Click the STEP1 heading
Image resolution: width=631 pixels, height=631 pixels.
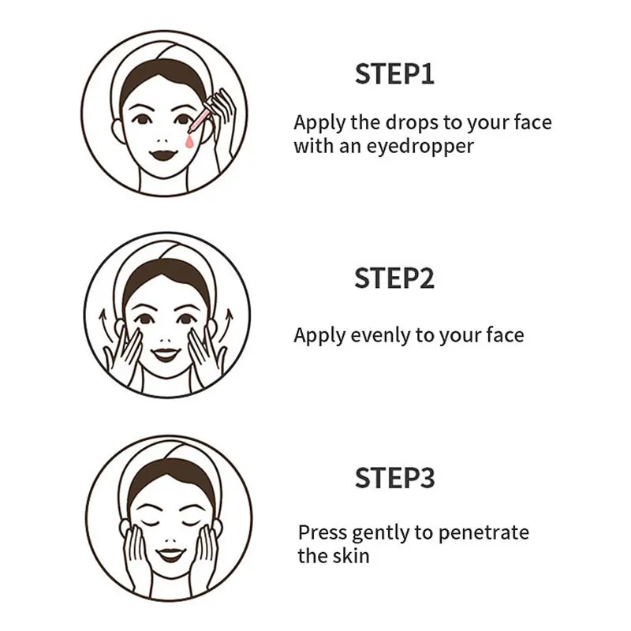pyautogui.click(x=394, y=74)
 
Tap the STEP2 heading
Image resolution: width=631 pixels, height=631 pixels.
pyautogui.click(x=394, y=278)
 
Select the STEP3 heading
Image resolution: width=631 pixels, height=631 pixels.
pyautogui.click(x=394, y=479)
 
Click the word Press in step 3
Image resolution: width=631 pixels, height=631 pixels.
pyautogui.click(x=322, y=532)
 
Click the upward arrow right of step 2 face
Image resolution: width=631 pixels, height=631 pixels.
pyautogui.click(x=230, y=322)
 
